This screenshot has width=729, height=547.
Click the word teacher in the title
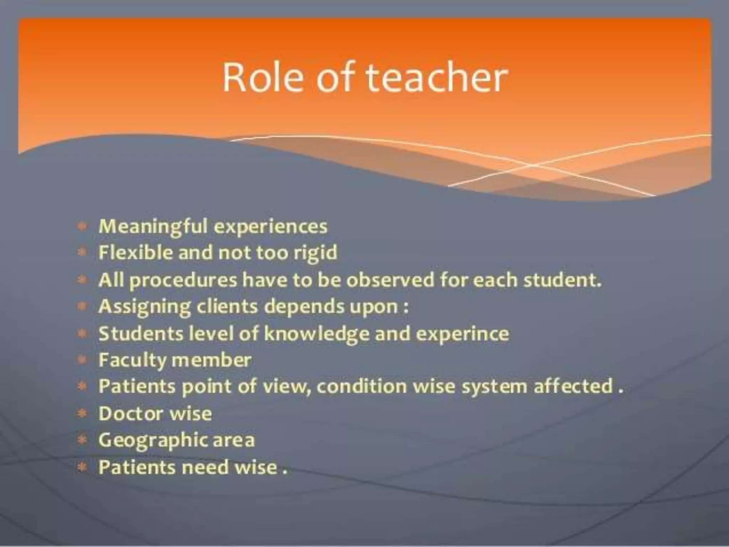pos(437,78)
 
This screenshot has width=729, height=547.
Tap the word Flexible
pos(135,253)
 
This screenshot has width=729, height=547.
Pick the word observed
pos(390,280)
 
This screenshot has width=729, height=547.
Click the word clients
pos(227,306)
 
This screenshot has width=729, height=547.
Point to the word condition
pos(361,386)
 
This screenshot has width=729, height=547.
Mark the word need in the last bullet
pos(205,467)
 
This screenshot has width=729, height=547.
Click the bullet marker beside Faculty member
pos(82,360)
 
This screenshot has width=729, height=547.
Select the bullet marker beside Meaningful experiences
pos(82,226)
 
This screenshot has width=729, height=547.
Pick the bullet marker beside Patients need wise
pos(82,467)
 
